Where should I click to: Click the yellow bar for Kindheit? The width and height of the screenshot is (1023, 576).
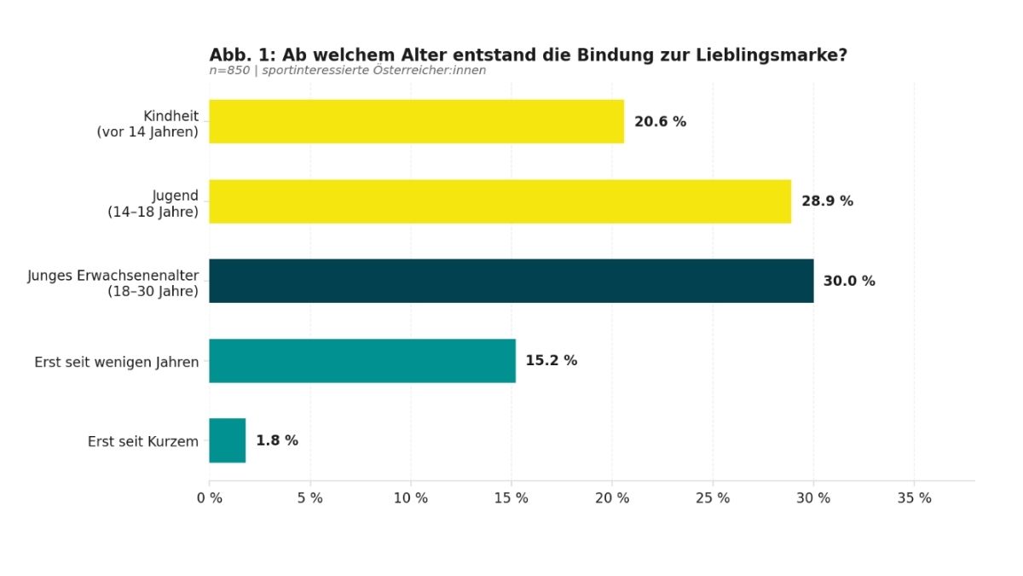(x=416, y=121)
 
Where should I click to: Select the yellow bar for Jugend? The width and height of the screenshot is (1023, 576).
(x=500, y=201)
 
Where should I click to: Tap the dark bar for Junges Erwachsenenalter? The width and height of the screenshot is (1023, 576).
(x=511, y=281)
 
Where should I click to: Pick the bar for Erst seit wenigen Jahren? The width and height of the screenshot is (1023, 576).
(x=361, y=361)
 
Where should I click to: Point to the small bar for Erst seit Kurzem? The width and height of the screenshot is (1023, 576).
(x=227, y=440)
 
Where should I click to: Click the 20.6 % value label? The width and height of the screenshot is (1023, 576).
(x=660, y=122)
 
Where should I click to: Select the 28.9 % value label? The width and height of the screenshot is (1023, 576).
(x=827, y=201)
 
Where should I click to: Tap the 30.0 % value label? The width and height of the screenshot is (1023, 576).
(x=849, y=282)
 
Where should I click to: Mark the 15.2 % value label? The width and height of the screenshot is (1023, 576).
(x=551, y=361)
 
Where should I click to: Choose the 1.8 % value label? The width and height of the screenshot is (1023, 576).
(x=277, y=441)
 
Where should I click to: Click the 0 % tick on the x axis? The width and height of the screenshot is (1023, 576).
(x=210, y=498)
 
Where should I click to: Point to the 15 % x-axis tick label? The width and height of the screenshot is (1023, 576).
(x=511, y=498)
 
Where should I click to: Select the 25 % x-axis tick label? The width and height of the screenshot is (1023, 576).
(x=713, y=498)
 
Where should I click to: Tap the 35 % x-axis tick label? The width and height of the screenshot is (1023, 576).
(x=914, y=498)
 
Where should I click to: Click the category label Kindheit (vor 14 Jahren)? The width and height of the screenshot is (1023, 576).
(x=147, y=124)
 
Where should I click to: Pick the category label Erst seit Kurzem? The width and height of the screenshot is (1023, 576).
(x=143, y=442)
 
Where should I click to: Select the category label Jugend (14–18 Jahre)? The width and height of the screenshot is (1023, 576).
(x=153, y=204)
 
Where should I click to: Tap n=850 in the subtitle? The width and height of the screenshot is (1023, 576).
(x=229, y=71)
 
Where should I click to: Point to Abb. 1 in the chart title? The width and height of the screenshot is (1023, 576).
(x=240, y=55)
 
